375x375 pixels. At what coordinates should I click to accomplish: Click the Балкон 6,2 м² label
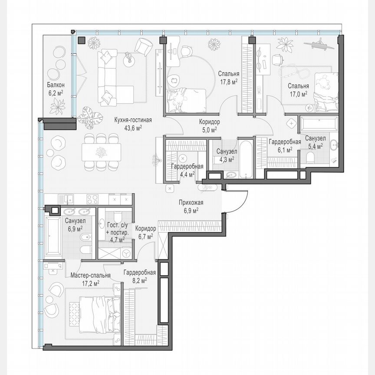[x=56, y=89]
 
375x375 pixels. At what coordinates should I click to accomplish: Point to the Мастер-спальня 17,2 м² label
[x=90, y=279]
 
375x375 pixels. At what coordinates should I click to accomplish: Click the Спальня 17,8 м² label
[x=228, y=77]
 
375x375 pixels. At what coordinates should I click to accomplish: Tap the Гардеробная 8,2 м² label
[x=139, y=276]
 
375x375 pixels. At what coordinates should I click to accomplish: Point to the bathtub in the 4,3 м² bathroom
[x=244, y=158]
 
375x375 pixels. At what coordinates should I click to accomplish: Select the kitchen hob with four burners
[x=93, y=199]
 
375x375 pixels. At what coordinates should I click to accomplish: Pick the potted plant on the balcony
[x=58, y=105]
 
